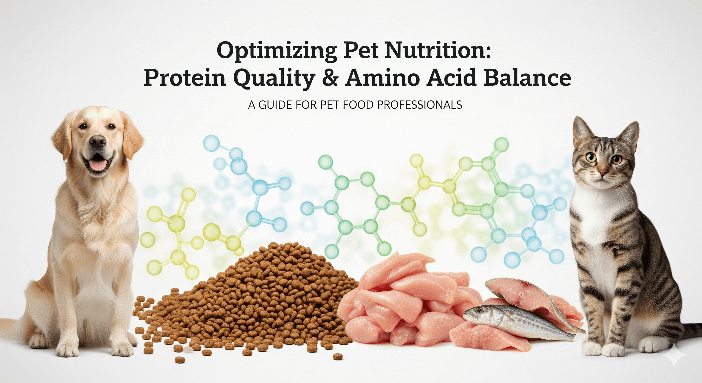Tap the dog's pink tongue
tap(97, 165)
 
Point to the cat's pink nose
tap(603, 172)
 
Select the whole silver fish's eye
tap(480, 310)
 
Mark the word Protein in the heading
tap(185, 78)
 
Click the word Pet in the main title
tap(360, 51)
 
